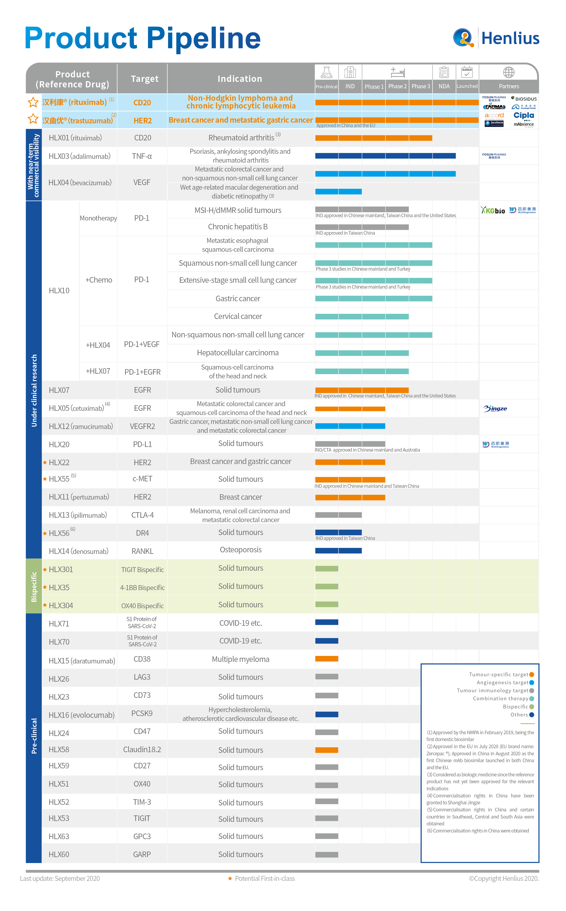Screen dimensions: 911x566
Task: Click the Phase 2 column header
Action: [397, 86]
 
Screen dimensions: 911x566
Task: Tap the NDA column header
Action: [444, 86]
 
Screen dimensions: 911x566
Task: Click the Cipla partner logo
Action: [524, 116]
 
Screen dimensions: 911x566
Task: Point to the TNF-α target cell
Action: [142, 156]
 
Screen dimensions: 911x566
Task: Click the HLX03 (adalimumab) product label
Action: [79, 156]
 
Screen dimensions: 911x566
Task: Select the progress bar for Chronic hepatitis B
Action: [362, 227]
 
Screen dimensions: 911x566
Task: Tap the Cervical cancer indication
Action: [238, 316]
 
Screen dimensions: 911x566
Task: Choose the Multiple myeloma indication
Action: [240, 659]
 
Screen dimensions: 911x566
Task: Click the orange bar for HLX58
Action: [326, 750]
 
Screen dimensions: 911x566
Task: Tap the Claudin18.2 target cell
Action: [142, 749]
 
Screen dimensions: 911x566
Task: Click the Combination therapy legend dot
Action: [532, 698]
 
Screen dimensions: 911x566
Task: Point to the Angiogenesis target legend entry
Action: [502, 682]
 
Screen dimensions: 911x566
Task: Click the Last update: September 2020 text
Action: [60, 878]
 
